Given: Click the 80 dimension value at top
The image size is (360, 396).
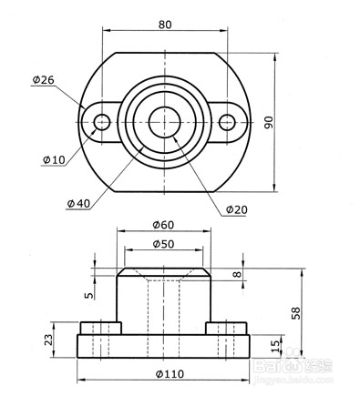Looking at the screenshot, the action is (x=165, y=25).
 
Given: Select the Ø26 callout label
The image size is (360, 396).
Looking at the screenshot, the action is (x=43, y=80).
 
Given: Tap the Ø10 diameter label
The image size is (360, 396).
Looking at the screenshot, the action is (x=54, y=159).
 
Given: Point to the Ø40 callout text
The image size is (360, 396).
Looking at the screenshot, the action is (x=78, y=203).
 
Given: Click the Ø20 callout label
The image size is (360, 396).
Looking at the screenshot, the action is (x=237, y=209).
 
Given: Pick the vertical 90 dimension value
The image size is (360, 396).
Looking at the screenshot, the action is (x=269, y=122).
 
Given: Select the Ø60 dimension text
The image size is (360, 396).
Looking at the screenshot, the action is (x=163, y=225).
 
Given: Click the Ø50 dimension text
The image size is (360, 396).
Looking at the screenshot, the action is (x=163, y=244).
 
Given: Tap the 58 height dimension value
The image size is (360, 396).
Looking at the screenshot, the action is (x=295, y=313).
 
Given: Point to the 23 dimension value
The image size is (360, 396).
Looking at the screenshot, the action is (x=48, y=340).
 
